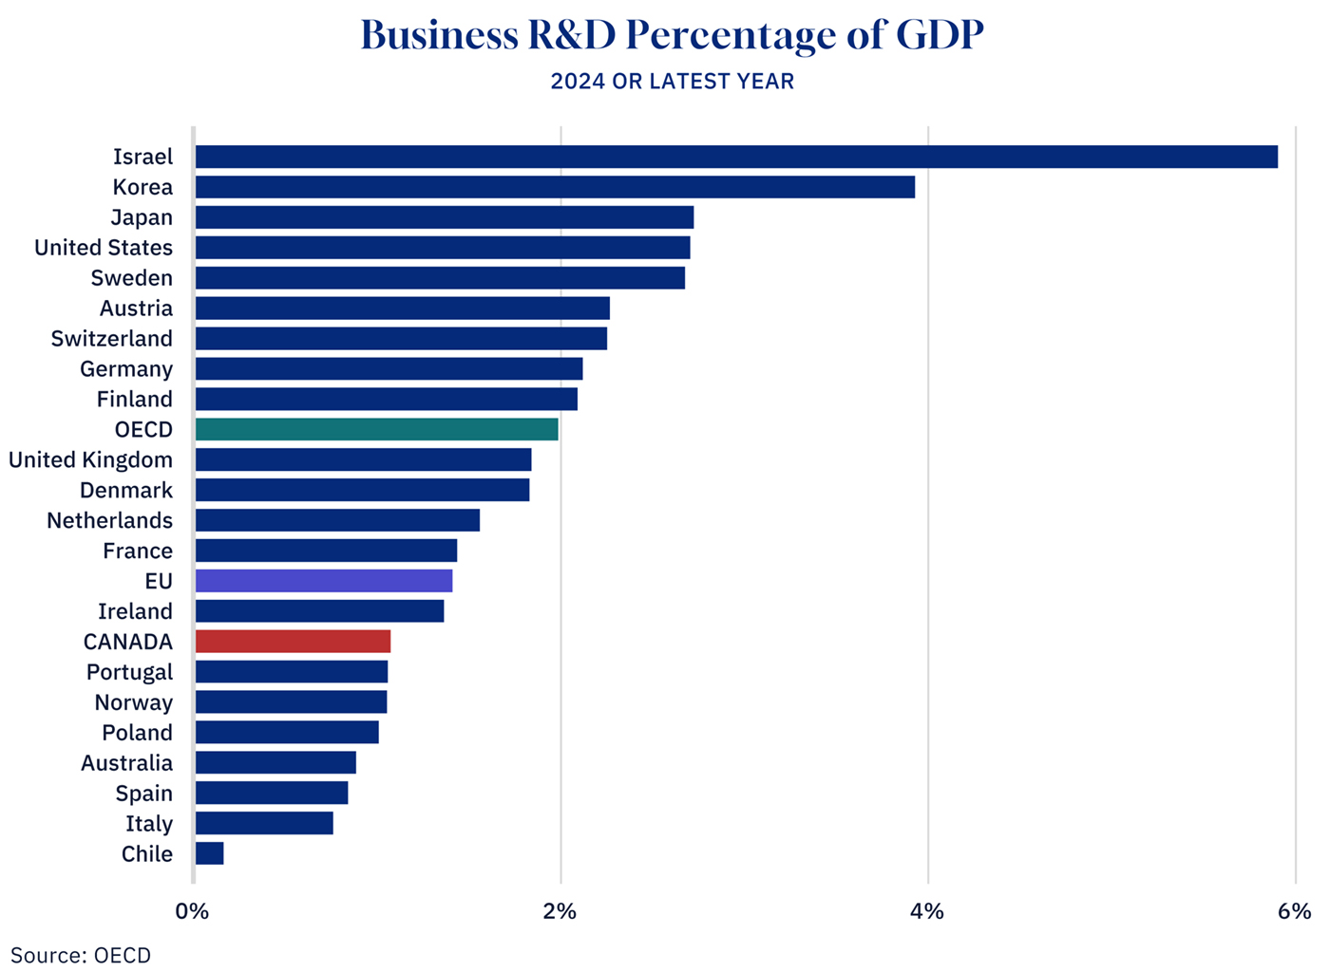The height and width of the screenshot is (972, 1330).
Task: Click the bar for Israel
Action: (x=736, y=157)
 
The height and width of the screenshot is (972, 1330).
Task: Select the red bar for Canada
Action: (x=293, y=642)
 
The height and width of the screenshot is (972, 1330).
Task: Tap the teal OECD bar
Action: (x=376, y=430)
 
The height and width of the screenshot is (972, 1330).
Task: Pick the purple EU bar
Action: (x=324, y=581)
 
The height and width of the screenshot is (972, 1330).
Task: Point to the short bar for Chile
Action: (x=210, y=854)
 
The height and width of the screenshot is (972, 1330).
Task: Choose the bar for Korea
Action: (x=555, y=187)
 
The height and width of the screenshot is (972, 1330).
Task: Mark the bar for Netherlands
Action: (x=337, y=520)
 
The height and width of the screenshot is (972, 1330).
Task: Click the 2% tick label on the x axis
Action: (x=560, y=912)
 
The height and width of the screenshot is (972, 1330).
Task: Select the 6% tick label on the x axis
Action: (x=1294, y=912)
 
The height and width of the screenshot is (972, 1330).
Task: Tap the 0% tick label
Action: (x=192, y=912)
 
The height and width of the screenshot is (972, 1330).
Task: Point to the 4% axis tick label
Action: (x=927, y=912)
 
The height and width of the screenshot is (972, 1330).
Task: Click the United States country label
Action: (x=104, y=248)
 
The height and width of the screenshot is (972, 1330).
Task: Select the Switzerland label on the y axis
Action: (x=112, y=339)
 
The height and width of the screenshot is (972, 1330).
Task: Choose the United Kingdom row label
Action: (x=91, y=460)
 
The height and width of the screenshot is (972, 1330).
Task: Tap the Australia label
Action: (x=126, y=763)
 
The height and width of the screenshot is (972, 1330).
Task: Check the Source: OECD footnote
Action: (x=81, y=955)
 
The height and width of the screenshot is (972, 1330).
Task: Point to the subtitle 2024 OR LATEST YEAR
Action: (x=672, y=82)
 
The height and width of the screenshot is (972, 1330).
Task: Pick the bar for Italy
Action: (x=264, y=824)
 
